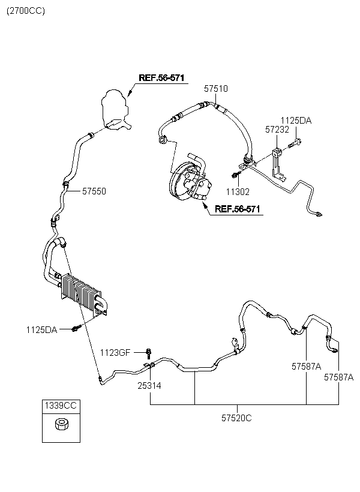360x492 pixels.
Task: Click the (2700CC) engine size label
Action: pos(26,11)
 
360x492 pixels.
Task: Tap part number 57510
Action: pos(216,89)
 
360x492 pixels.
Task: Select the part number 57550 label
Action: pos(94,191)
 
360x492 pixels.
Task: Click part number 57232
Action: pos(277,129)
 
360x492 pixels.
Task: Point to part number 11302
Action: pos(238,192)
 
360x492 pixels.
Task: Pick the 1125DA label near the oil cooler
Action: pos(42,330)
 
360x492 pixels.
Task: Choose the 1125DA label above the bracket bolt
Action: pos(296,121)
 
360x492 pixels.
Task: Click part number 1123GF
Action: pos(115,353)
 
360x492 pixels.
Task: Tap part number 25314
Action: pos(149,386)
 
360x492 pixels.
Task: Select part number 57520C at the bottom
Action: pos(236,418)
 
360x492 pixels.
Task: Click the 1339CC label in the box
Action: pos(61,406)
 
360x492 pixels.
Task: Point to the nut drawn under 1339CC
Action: pos(61,425)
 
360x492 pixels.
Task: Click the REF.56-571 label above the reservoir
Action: pos(161,78)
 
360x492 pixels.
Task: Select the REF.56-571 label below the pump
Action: pos(238,209)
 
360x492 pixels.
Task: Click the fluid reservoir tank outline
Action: pos(116,109)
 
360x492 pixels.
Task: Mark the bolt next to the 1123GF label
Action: pos(149,353)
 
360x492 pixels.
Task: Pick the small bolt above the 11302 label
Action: pos(236,175)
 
